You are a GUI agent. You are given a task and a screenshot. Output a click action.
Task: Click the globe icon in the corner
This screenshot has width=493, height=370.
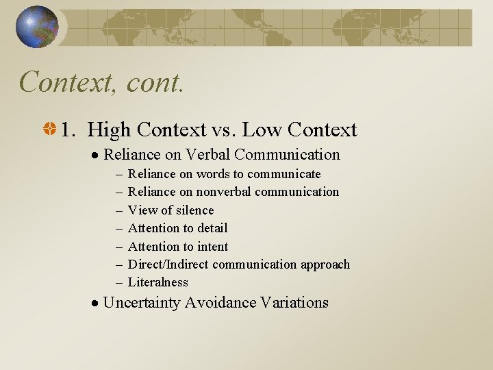37,27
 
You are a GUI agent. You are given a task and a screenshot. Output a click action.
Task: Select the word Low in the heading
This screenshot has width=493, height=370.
263,129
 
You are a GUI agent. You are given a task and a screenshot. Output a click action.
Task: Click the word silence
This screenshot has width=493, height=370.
195,210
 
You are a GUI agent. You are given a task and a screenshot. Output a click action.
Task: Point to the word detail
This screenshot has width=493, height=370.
211,228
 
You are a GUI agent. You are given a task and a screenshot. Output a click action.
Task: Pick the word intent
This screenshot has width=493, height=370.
212,247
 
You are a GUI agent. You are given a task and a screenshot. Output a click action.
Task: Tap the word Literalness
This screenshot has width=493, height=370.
157,282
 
